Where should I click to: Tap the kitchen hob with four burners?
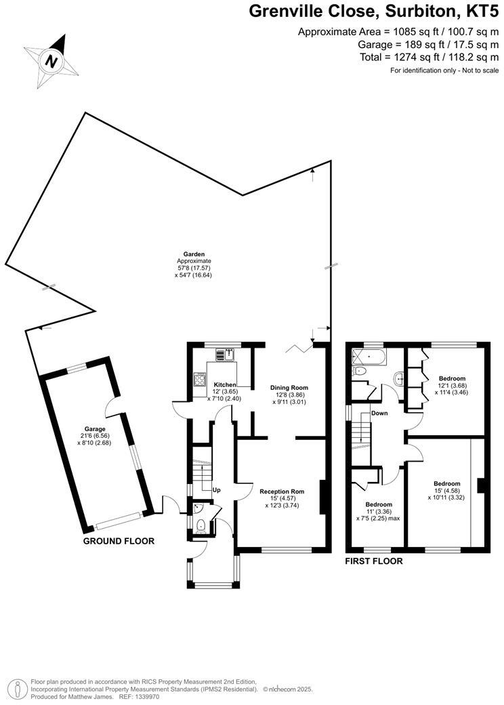pyautogui.click(x=200, y=380)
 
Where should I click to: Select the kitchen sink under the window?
pyautogui.click(x=224, y=354)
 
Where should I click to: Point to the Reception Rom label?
pyautogui.click(x=282, y=491)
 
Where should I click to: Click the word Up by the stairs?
pyautogui.click(x=217, y=489)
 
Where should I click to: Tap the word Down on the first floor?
pyautogui.click(x=379, y=413)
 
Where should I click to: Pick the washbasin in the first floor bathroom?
pyautogui.click(x=399, y=378)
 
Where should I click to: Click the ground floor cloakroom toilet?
pyautogui.click(x=201, y=525)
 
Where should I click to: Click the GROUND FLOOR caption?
pyautogui.click(x=119, y=541)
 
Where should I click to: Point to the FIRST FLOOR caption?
pyautogui.click(x=374, y=561)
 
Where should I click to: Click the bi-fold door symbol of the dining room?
pyautogui.click(x=295, y=348)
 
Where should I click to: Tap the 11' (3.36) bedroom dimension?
pyautogui.click(x=379, y=512)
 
